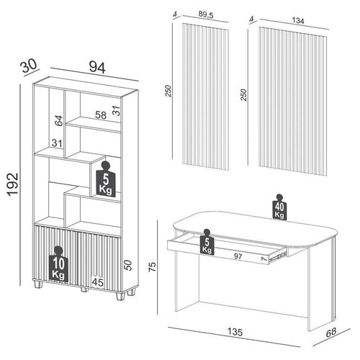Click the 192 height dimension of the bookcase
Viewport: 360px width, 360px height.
[x=12, y=184]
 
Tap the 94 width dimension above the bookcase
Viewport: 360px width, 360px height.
[x=97, y=68]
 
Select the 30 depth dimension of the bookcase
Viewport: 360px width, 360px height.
[x=30, y=66]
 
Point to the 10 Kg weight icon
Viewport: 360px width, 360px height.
[x=58, y=264]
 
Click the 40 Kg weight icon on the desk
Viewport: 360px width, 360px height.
[x=279, y=207]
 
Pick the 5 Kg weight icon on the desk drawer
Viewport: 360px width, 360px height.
[x=207, y=242]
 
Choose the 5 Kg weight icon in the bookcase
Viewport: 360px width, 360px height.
[x=106, y=179]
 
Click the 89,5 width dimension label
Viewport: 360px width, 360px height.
[x=206, y=15]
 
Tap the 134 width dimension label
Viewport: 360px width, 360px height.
[x=298, y=21]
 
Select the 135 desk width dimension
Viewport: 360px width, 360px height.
[x=235, y=332]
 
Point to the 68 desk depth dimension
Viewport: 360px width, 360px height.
[x=331, y=333]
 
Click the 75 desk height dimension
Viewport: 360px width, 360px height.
[x=152, y=266]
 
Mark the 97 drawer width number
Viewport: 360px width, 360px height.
[x=238, y=256]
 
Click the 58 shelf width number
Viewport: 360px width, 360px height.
[x=101, y=115]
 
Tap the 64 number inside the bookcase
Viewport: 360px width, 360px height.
[x=59, y=120]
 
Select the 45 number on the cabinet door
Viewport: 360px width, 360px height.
[x=98, y=282]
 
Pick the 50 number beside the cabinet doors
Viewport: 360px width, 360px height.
[x=129, y=265]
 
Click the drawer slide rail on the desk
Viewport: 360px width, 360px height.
[x=278, y=254]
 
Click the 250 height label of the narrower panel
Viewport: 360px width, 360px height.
[x=168, y=91]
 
